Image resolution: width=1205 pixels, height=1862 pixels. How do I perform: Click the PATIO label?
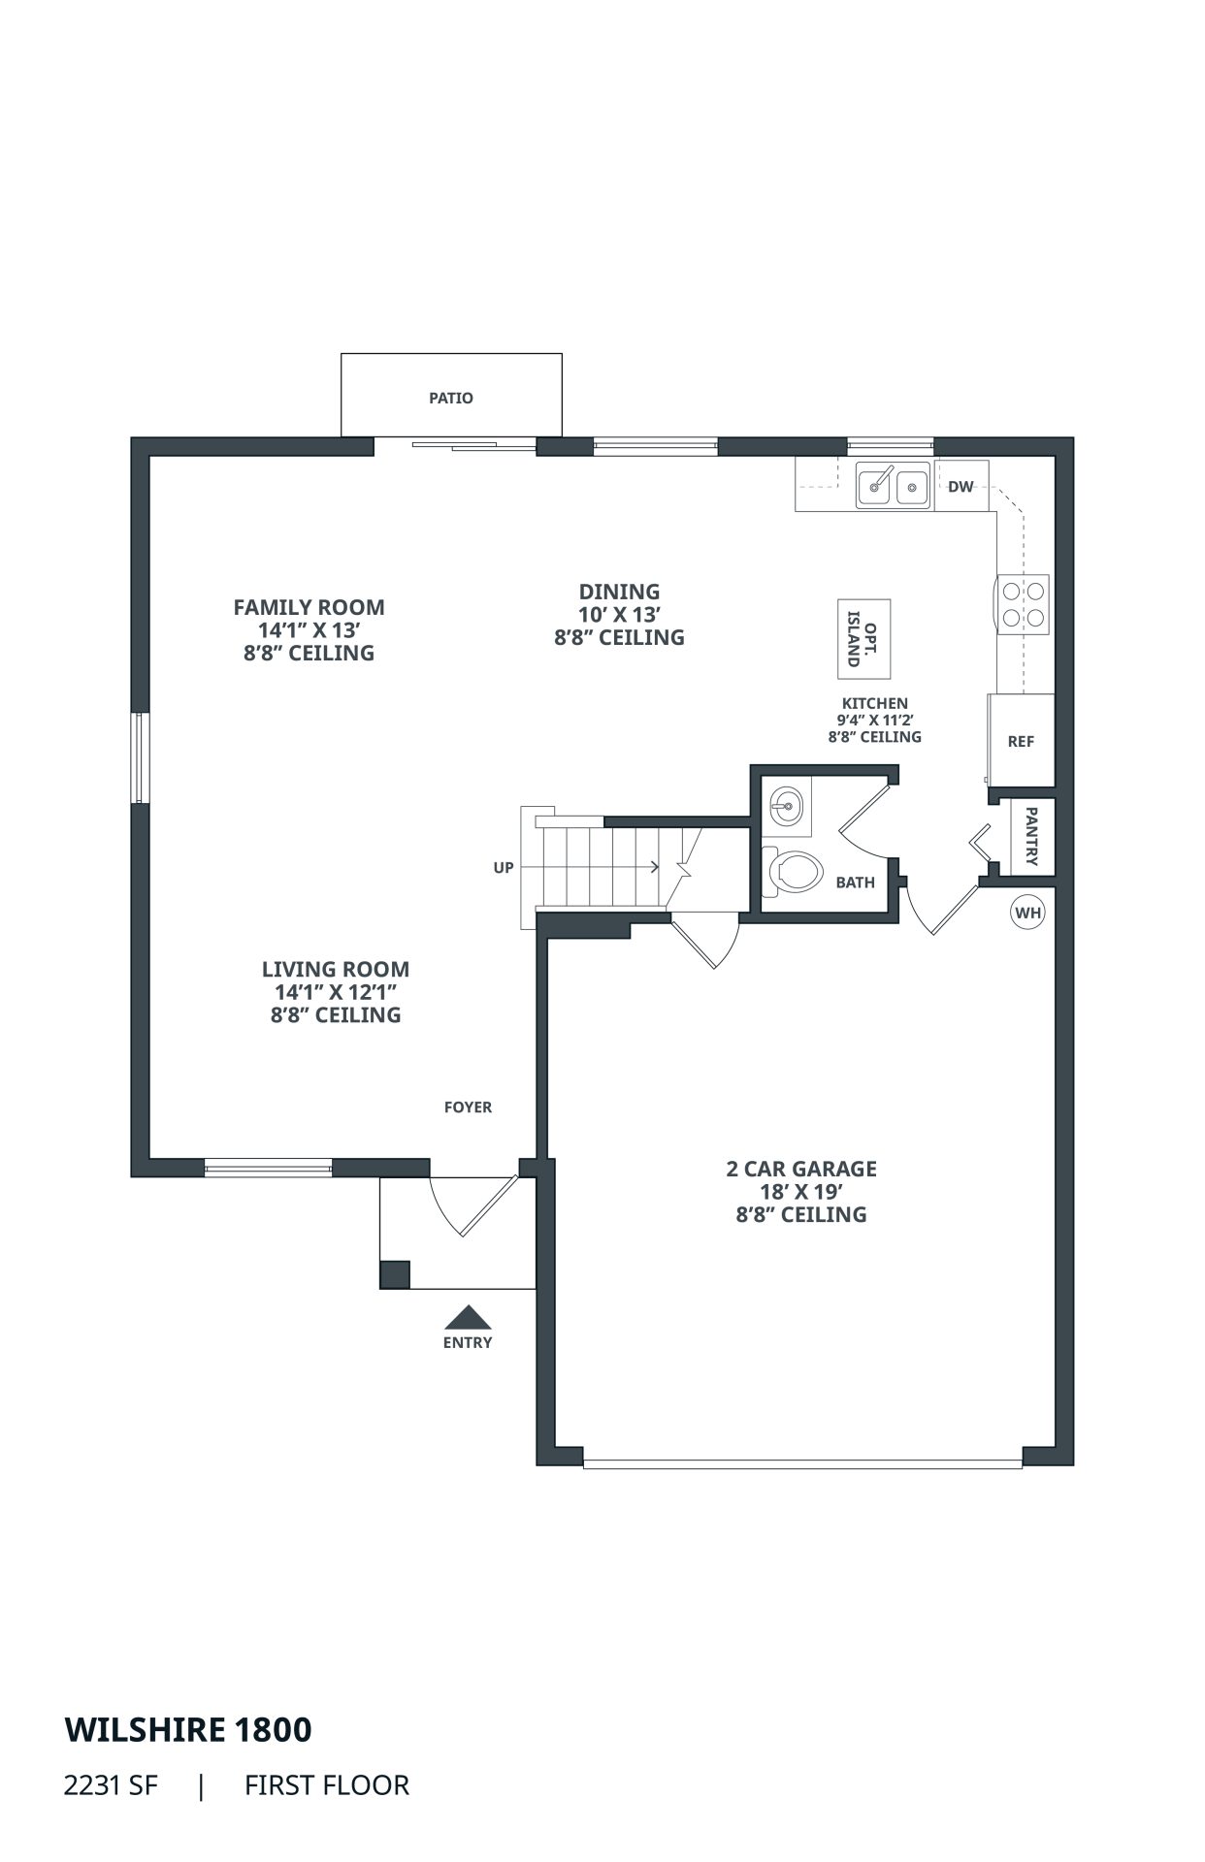451,398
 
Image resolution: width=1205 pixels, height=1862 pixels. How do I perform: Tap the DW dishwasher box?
961,486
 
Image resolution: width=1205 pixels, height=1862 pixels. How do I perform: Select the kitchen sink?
893,484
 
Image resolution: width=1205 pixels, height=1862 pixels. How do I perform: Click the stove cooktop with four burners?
1023,603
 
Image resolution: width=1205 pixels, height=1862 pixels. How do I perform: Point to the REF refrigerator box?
1021,741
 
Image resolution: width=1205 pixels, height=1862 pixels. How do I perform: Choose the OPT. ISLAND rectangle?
863,639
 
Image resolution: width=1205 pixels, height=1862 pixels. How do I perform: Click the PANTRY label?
1031,836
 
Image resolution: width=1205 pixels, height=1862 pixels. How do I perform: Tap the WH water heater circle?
1028,913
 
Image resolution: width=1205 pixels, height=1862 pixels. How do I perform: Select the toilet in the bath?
793,870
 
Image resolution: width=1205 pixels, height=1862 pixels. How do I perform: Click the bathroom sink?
787,804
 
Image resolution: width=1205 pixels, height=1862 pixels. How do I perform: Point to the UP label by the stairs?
504,868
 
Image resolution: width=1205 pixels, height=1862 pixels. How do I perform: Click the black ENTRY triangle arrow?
468,1317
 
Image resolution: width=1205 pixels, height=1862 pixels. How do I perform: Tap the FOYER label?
468,1107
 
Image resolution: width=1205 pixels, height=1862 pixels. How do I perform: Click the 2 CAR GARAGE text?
801,1169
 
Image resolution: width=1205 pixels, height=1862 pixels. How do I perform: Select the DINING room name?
619,592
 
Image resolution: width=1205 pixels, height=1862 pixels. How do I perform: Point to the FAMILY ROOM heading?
309,607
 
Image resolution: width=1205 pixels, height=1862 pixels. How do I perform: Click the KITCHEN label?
875,703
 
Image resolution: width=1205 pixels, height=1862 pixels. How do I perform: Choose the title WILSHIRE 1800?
188,1729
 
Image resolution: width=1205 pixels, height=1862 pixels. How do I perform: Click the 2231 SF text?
110,1785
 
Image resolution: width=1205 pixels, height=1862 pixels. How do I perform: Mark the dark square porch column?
395,1273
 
